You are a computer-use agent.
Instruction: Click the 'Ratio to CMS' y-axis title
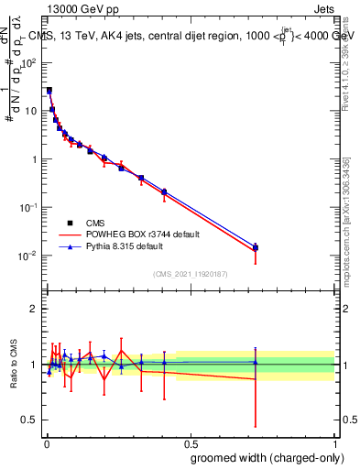click(15, 364)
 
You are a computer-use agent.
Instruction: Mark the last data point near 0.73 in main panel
click(256, 248)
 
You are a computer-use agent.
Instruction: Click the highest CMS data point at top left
click(49, 91)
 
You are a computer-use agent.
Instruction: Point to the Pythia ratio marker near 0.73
click(256, 363)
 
